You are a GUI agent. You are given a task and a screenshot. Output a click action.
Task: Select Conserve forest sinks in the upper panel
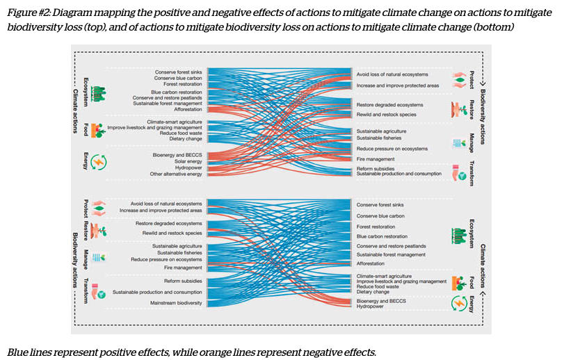pos(178,72)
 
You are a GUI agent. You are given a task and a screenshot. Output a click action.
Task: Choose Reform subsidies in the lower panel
pos(183,281)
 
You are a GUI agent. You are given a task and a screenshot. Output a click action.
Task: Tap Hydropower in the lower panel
pos(371,306)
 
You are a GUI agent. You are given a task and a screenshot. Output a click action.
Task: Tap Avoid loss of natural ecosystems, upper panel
pos(392,74)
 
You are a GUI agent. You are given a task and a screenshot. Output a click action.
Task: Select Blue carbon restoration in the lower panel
pos(382,236)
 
